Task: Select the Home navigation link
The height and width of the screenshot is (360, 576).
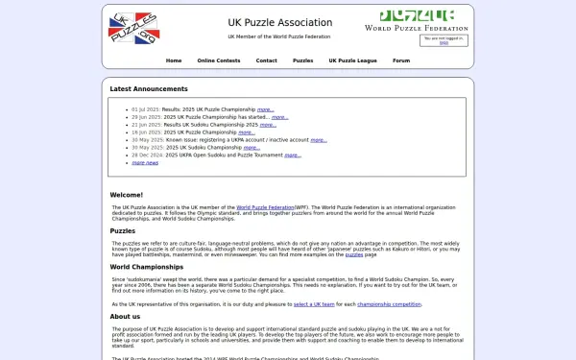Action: point(174,60)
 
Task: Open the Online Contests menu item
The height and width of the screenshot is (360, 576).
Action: point(219,60)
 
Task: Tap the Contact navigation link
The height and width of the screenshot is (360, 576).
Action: point(266,60)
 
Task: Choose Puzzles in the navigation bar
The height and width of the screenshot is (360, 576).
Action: point(302,60)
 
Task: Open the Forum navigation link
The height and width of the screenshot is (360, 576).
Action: point(401,60)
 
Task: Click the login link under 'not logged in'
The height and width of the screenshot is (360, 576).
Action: point(444,42)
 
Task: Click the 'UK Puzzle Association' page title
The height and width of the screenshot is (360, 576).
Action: point(279,22)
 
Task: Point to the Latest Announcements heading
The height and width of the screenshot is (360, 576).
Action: point(148,88)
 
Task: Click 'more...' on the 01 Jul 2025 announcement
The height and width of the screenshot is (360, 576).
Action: point(265,109)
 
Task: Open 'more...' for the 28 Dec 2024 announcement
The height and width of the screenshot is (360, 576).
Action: point(294,155)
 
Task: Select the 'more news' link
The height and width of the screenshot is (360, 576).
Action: point(145,162)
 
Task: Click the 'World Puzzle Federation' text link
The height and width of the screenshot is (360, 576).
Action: point(264,206)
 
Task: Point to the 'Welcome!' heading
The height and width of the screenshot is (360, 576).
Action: point(126,195)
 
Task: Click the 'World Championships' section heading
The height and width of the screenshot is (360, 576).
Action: point(146,266)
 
